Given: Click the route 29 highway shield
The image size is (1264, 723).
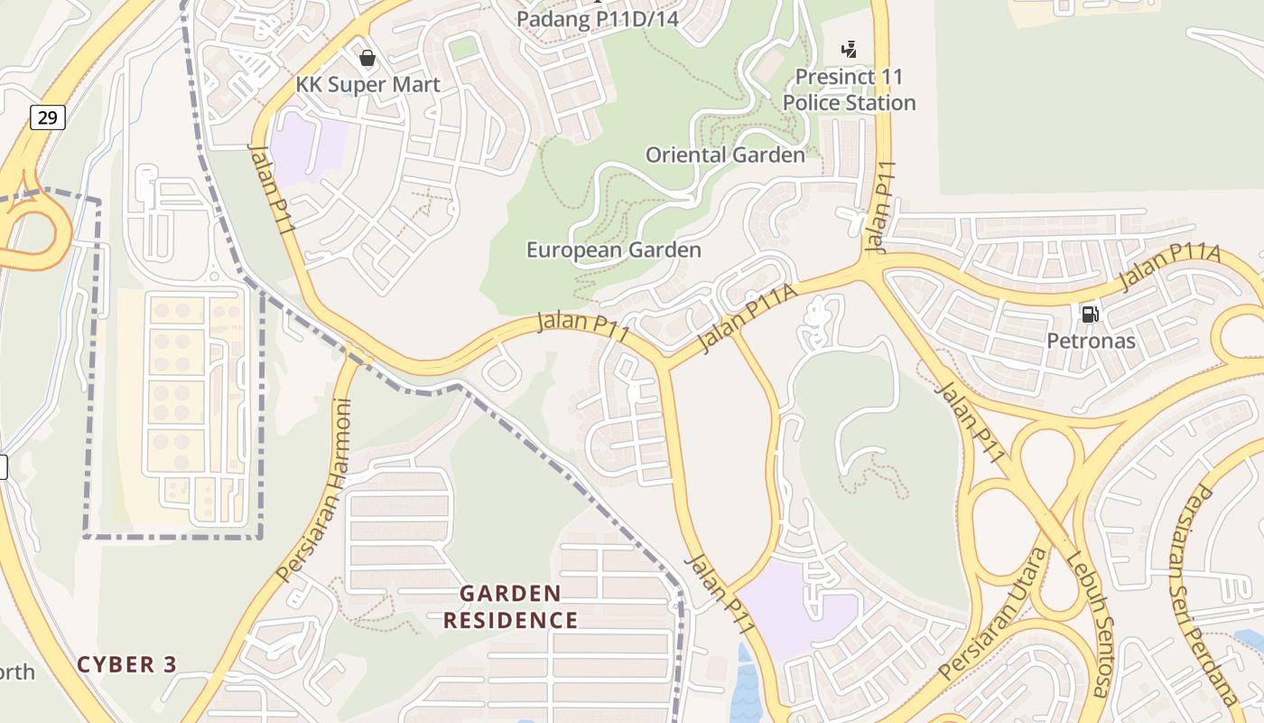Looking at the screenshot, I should point(47,117).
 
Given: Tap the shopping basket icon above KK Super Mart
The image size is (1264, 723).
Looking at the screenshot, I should point(367,59).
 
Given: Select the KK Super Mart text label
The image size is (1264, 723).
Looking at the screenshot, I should point(368,85).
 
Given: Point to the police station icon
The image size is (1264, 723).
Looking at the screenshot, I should point(849,49).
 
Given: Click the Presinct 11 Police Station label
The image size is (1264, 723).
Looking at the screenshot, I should point(849,89).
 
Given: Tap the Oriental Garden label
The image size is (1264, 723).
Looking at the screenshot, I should point(725,155).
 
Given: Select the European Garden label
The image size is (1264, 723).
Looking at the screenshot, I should point(614,249).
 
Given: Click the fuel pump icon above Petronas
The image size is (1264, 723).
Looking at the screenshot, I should point(1091,315).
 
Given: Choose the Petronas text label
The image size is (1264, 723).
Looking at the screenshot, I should point(1091,341).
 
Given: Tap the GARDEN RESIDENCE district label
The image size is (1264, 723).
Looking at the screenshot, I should point(510,606).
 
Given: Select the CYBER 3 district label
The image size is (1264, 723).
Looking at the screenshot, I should point(126,664).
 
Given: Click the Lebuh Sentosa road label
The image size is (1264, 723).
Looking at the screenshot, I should point(1086,624).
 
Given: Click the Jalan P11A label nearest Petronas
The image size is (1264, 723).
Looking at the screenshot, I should point(1169,268).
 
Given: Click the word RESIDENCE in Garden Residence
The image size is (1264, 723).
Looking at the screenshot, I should point(510,620).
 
